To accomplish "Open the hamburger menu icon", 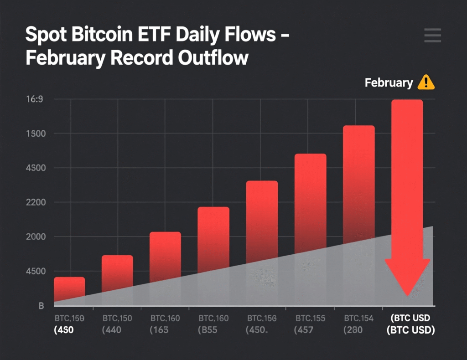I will pos(432,36).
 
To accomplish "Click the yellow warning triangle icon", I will pos(426,82).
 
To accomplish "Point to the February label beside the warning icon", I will pos(389,83).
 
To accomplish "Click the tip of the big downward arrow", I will pos(407,294).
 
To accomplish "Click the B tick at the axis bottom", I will pos(41,306).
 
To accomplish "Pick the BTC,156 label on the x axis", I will pos(262,318).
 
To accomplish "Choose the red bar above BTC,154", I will pos(359,182).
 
